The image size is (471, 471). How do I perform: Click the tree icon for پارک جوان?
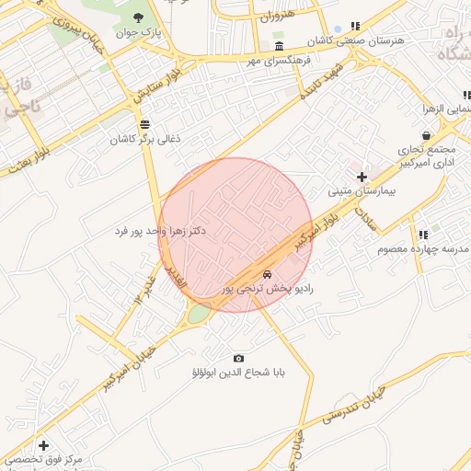pyautogui.click(x=139, y=17)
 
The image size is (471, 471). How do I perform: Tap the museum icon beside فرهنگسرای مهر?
pyautogui.click(x=279, y=46)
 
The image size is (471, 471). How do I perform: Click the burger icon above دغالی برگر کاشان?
pyautogui.click(x=144, y=124)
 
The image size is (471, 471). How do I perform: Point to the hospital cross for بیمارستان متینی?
pyautogui.click(x=362, y=177)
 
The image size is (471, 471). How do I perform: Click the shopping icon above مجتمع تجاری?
pyautogui.click(x=426, y=135)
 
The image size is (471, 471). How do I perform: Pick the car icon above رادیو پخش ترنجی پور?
pyautogui.click(x=267, y=274)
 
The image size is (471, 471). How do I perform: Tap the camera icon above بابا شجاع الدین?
pyautogui.click(x=239, y=358)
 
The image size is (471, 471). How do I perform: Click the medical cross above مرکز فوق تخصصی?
pyautogui.click(x=42, y=445)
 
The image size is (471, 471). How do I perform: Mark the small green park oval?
pyautogui.click(x=199, y=315)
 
